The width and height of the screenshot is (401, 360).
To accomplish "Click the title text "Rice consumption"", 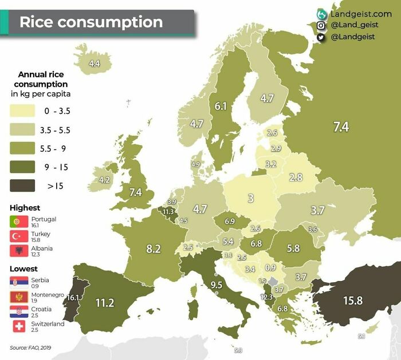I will [91, 22].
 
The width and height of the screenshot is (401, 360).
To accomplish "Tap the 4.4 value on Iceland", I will [95, 64].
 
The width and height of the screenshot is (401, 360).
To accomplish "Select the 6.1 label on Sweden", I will [221, 106].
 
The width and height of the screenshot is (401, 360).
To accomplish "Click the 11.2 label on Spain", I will [105, 303].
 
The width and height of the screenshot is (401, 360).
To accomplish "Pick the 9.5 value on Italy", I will [216, 284].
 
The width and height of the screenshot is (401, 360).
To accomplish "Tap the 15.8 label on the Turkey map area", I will [352, 300].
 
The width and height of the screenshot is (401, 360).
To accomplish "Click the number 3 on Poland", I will [250, 199].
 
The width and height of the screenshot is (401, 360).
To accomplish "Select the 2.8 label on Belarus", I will [296, 177].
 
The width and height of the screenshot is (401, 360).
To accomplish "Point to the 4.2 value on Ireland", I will [104, 180].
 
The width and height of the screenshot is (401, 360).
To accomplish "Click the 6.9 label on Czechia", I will [230, 221].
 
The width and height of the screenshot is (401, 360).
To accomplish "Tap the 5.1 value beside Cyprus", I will [361, 337].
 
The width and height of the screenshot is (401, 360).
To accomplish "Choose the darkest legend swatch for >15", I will [22, 185].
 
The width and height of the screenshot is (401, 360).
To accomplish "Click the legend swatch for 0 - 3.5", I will [22, 112].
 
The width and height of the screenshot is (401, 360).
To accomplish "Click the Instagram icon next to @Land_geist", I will [321, 25].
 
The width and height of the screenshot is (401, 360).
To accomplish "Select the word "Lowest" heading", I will [23, 268].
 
